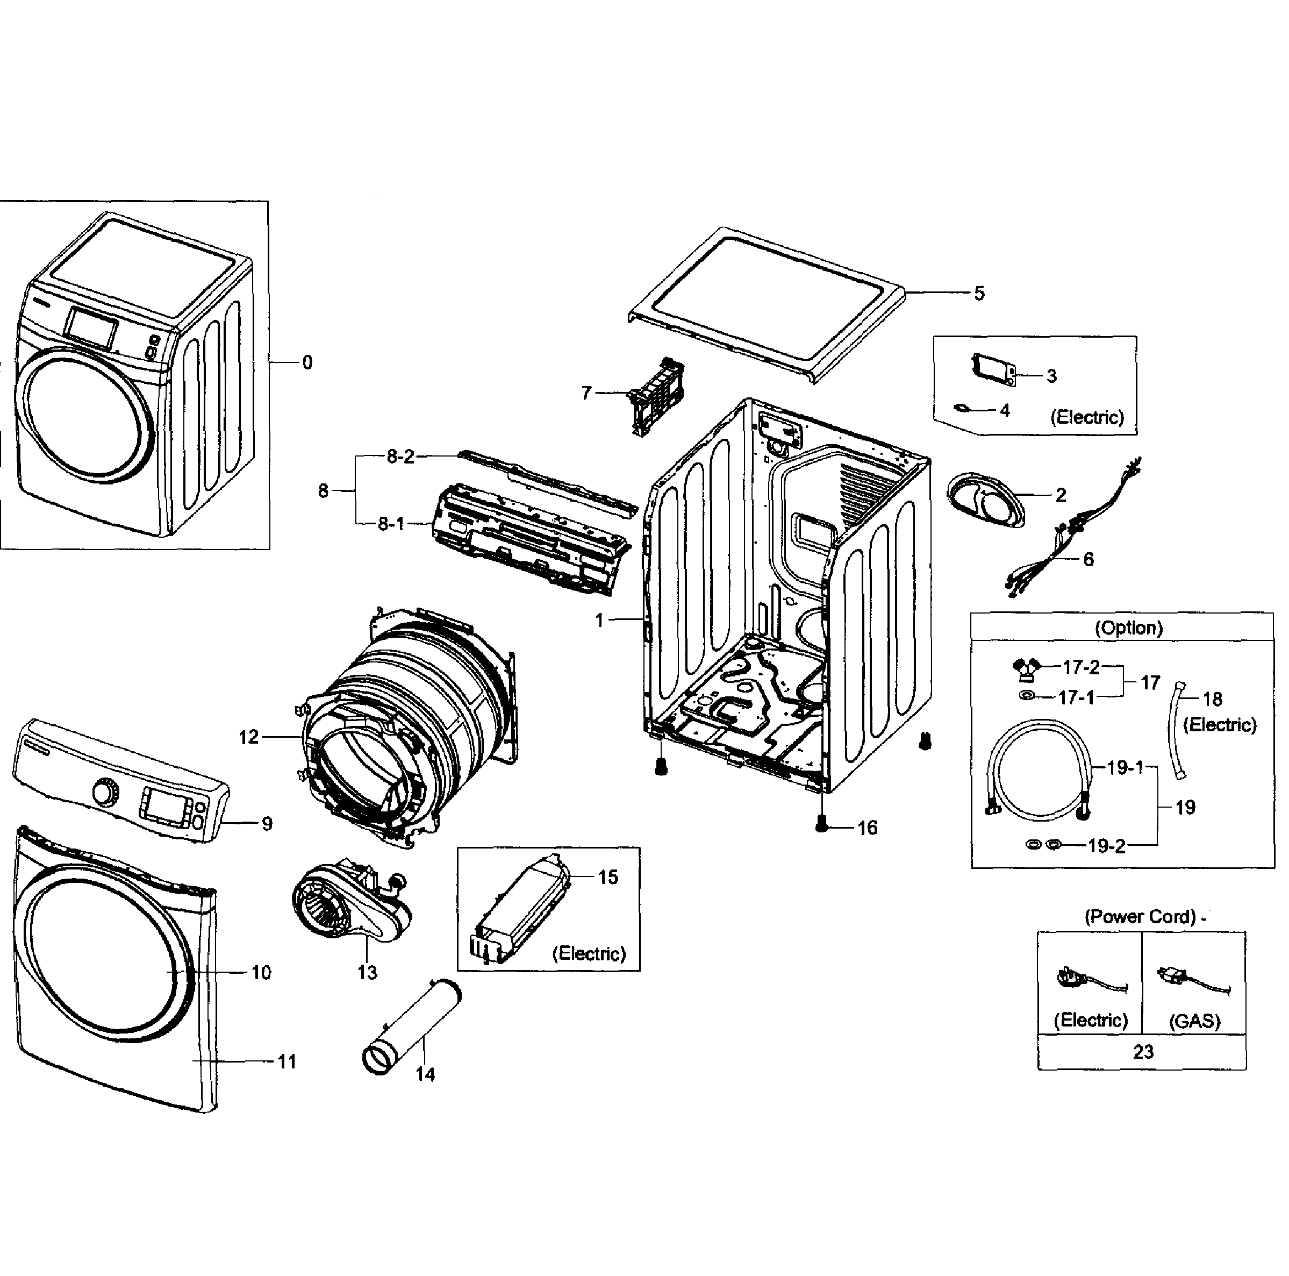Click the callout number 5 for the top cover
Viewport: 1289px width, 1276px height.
979,293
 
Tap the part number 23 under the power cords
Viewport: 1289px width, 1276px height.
1142,1052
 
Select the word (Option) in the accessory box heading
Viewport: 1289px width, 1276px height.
1128,628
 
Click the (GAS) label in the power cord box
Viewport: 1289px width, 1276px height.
1194,1021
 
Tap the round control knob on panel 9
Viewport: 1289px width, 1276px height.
104,792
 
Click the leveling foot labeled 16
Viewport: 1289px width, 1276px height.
822,825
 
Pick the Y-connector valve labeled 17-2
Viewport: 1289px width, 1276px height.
1027,668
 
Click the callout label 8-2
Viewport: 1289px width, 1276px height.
400,457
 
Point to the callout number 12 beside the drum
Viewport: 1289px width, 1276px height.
248,737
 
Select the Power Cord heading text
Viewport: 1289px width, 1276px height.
1140,916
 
